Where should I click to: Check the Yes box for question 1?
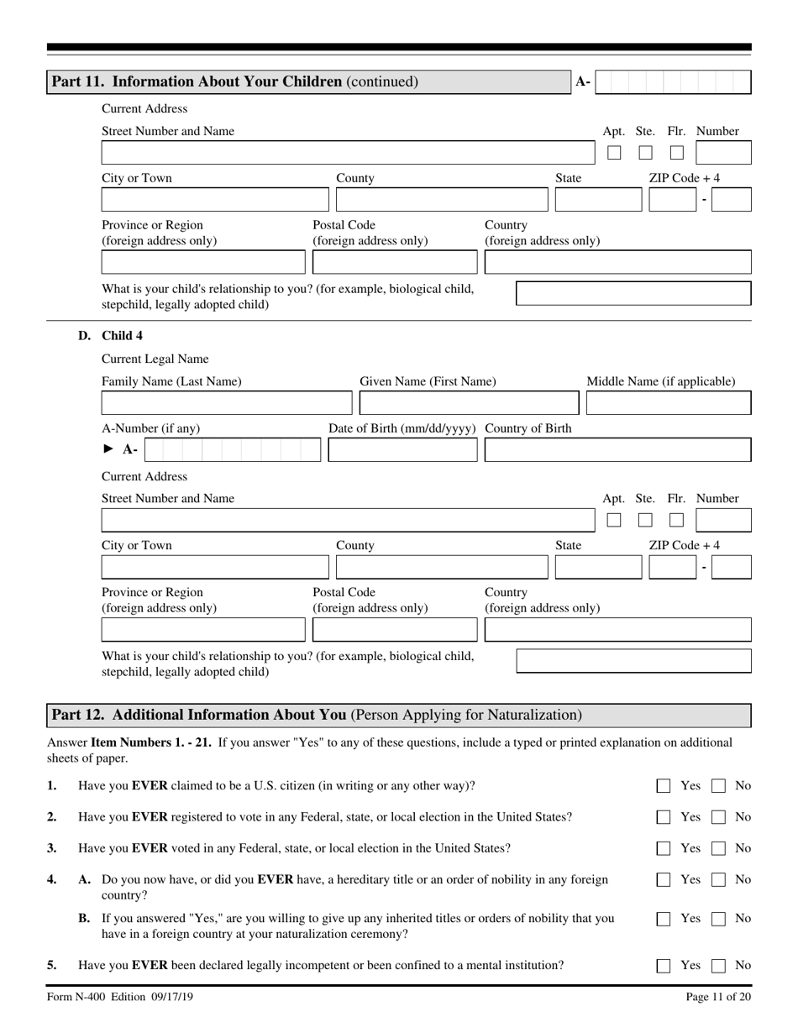tap(664, 786)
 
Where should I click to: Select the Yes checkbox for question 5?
tap(664, 966)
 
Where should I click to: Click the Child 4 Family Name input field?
tap(224, 404)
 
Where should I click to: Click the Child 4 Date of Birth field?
tap(400, 450)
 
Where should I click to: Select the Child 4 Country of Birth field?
tap(618, 450)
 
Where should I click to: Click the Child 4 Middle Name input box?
tap(669, 404)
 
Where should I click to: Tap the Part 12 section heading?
tap(317, 716)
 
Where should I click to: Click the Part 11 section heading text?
tap(235, 81)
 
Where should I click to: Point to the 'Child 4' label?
tap(122, 336)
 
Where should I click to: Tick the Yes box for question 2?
tap(664, 817)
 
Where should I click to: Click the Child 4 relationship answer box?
tap(633, 661)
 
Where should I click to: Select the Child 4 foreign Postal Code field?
tap(395, 630)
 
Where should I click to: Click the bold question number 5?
tap(52, 965)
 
